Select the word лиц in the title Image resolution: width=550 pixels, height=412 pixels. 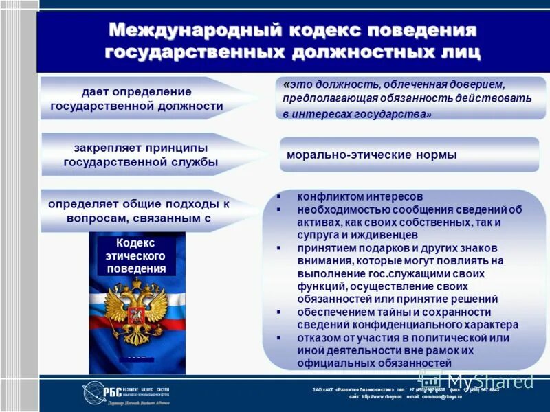[x=457, y=52]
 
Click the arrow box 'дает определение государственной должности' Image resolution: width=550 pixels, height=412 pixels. [x=137, y=99]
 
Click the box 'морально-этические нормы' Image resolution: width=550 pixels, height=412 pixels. [x=409, y=155]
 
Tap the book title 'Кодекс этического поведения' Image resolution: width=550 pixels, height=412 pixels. [x=136, y=255]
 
